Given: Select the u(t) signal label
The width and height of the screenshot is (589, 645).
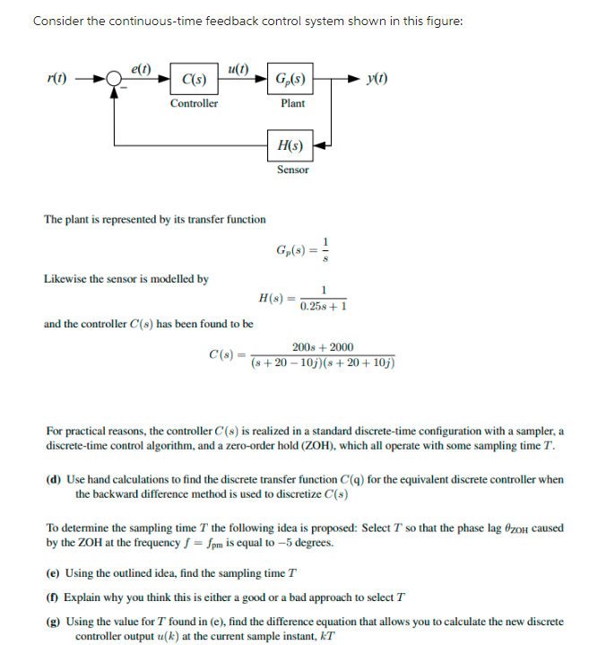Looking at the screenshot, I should pyautogui.click(x=239, y=67).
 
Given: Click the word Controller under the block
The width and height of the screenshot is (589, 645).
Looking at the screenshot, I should pyautogui.click(x=194, y=103).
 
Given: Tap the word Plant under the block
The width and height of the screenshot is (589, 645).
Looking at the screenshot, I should pyautogui.click(x=292, y=103).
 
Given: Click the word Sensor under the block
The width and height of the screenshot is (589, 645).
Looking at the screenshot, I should pyautogui.click(x=292, y=169).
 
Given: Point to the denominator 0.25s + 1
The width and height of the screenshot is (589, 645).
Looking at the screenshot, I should pyautogui.click(x=324, y=306).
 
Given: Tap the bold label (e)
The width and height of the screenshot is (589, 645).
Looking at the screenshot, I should pyautogui.click(x=53, y=573).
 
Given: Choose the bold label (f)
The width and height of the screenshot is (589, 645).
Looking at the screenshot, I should pyautogui.click(x=53, y=597).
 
